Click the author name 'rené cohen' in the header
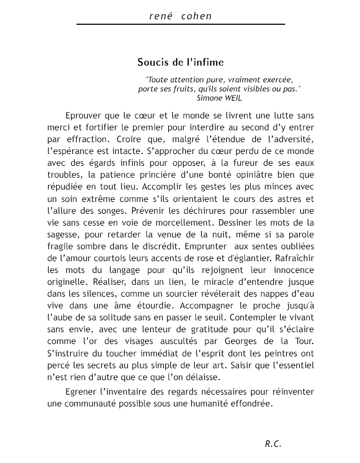click(180, 16)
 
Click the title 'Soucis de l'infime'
click(180, 62)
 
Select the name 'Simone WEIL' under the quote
click(219, 98)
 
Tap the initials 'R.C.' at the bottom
click(273, 444)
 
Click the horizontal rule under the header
click(180, 24)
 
